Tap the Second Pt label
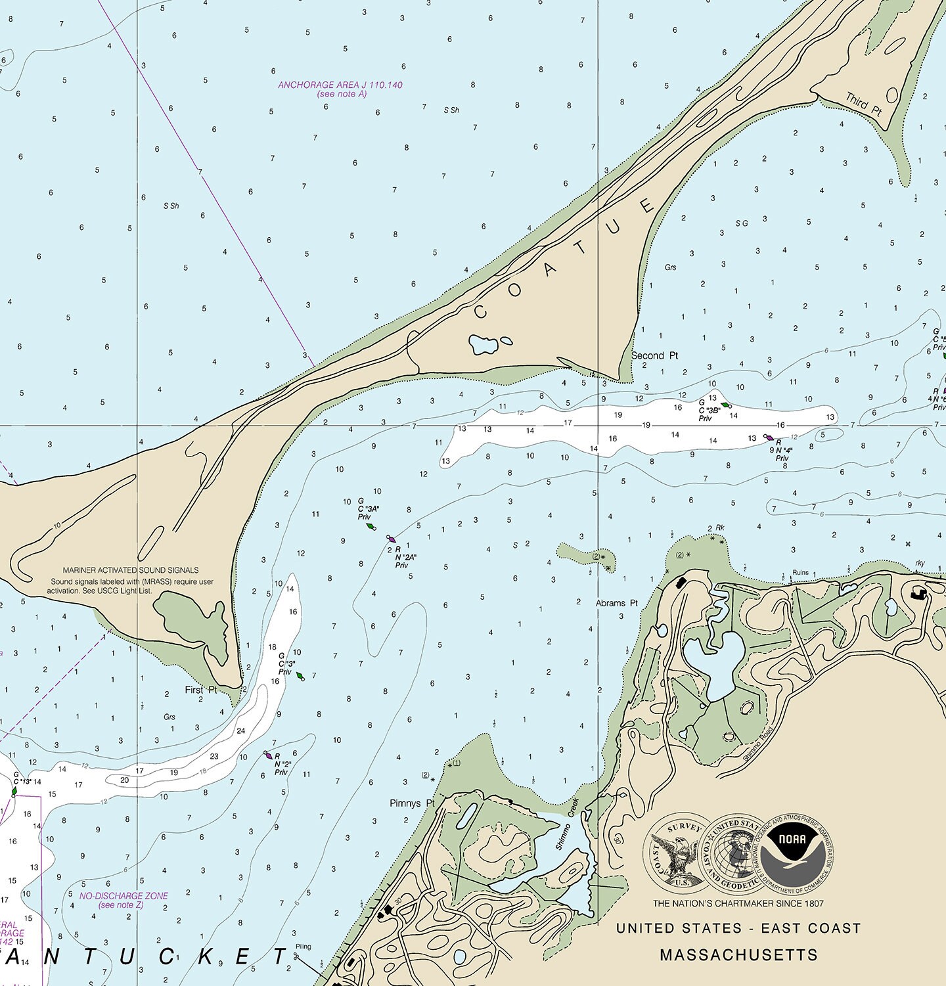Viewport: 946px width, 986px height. [x=654, y=355]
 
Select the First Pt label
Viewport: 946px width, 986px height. [x=200, y=690]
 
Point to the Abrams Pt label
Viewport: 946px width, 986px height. [x=616, y=603]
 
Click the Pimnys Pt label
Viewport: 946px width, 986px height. [x=412, y=803]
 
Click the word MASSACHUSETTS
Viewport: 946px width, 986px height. [x=738, y=954]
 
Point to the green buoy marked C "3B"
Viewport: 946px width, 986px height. [x=725, y=405]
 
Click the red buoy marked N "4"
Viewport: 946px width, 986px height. [x=769, y=437]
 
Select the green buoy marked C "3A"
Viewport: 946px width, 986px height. [x=371, y=526]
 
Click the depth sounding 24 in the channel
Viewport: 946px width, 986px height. [x=241, y=730]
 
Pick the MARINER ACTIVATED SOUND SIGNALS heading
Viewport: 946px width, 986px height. [x=131, y=570]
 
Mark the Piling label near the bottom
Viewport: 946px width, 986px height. [x=303, y=947]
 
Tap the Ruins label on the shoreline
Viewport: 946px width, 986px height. [x=800, y=573]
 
